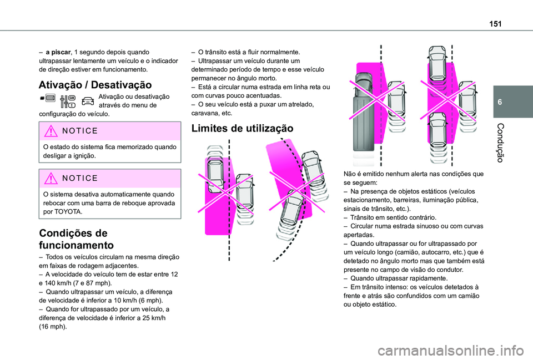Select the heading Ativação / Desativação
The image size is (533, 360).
tap(95, 85)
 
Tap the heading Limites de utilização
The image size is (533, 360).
tap(242, 128)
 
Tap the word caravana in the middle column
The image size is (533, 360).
tap(203, 112)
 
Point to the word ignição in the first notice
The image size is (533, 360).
tap(86, 156)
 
